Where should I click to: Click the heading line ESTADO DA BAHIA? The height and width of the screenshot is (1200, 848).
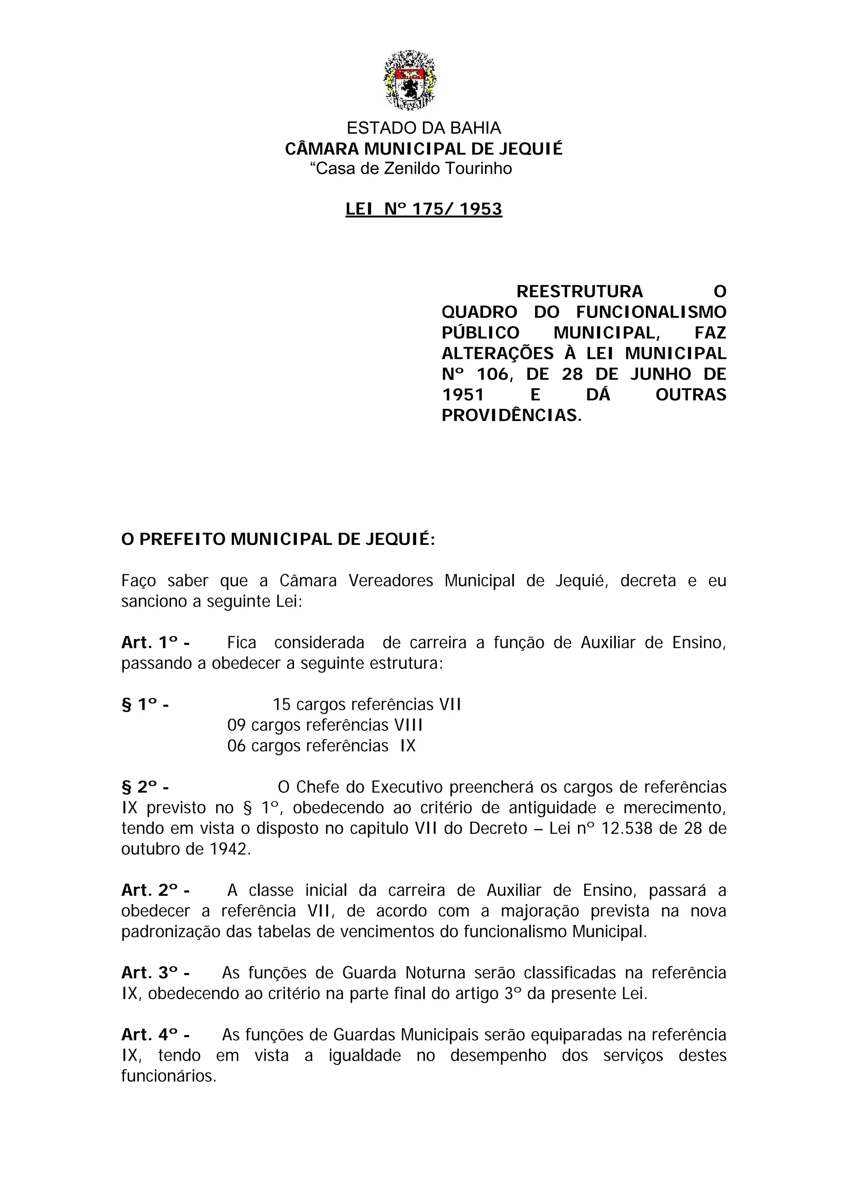click(x=424, y=128)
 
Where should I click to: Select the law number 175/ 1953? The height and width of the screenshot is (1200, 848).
click(x=457, y=209)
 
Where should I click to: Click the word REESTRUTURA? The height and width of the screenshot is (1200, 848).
click(x=580, y=291)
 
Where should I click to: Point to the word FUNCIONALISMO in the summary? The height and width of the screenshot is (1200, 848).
click(x=651, y=312)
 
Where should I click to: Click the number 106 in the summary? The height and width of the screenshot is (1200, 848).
click(x=492, y=374)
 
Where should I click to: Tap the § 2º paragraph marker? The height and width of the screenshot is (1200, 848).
click(x=145, y=787)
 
